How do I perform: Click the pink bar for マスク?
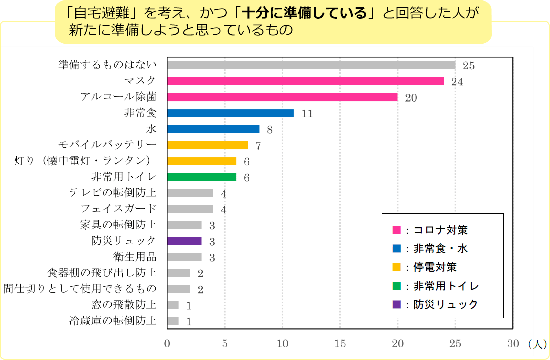click(305, 81)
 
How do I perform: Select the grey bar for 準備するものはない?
click(311, 65)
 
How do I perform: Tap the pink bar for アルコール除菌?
click(282, 97)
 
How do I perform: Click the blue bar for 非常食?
click(230, 113)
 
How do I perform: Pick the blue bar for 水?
click(213, 129)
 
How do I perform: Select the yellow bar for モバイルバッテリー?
click(207, 145)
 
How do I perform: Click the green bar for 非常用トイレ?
click(202, 177)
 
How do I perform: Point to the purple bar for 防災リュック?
click(184, 241)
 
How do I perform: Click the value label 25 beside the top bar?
click(468, 65)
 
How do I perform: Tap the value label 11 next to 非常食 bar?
click(307, 114)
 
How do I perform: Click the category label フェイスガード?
click(119, 209)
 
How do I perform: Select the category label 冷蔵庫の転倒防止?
click(113, 321)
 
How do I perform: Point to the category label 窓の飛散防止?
click(124, 305)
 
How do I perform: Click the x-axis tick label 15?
click(340, 344)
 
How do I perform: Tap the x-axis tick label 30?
click(513, 344)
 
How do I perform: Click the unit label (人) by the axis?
click(537, 344)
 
